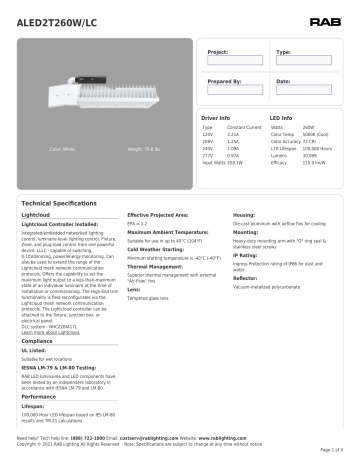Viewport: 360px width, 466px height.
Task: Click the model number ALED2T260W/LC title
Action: [49, 13]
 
